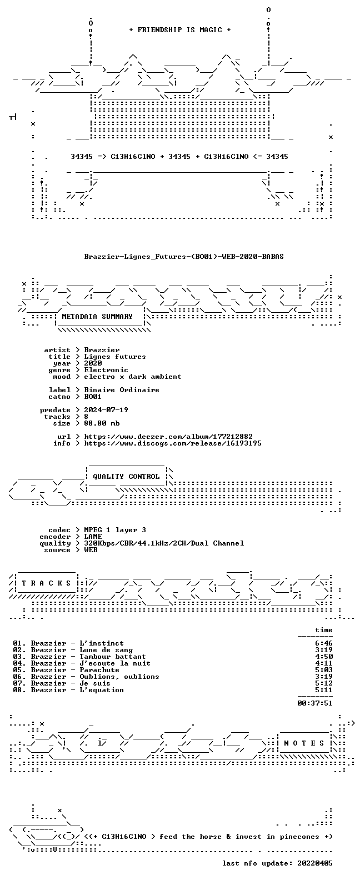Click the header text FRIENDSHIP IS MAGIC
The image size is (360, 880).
click(x=180, y=30)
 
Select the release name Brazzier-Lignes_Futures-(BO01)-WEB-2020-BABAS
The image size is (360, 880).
click(x=184, y=257)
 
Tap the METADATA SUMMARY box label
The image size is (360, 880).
click(x=97, y=317)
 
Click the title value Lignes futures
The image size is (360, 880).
click(x=115, y=357)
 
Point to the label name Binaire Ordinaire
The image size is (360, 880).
click(x=122, y=389)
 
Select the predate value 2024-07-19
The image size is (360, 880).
click(x=106, y=410)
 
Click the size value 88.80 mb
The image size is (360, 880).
click(x=102, y=423)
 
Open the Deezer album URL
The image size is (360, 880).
click(x=168, y=437)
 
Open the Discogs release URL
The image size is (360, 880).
click(x=173, y=443)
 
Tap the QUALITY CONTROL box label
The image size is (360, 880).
click(x=126, y=477)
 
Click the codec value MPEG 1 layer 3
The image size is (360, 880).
click(x=115, y=530)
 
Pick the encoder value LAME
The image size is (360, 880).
click(x=93, y=537)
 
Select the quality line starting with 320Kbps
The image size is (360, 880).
click(x=164, y=543)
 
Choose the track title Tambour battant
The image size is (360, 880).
click(x=112, y=657)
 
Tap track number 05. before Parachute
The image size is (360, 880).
click(x=19, y=670)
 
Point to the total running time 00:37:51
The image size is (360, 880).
click(x=315, y=703)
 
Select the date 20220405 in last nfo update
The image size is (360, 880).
click(x=315, y=863)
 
